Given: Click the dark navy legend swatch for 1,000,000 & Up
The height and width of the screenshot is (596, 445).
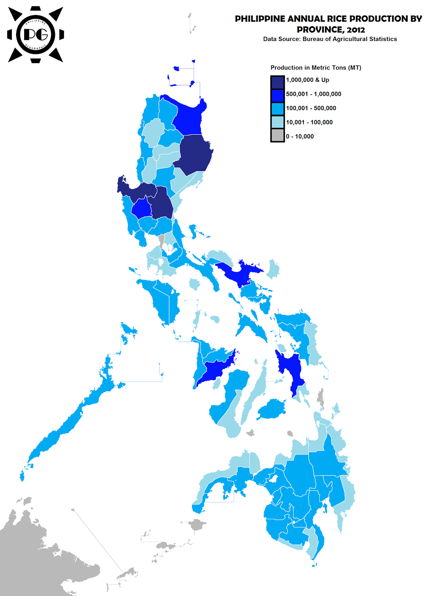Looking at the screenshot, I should click(277, 82).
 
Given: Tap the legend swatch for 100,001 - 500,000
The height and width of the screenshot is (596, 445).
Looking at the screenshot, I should click(277, 109).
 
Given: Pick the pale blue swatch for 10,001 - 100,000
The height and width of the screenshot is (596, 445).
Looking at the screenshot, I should click(277, 122).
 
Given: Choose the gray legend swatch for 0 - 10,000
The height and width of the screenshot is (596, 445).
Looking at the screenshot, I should click(277, 136).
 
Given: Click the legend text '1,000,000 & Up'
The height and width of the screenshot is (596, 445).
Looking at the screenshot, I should click(307, 80).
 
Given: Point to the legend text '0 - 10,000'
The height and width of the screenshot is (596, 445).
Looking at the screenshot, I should click(300, 137).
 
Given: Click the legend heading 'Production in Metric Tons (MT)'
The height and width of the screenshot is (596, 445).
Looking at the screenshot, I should click(316, 68).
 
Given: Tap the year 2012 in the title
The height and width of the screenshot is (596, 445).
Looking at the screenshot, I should click(356, 30).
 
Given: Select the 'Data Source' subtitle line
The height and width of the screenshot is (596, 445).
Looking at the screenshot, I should click(330, 39).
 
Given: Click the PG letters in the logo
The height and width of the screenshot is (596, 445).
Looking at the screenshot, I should click(36, 35).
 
